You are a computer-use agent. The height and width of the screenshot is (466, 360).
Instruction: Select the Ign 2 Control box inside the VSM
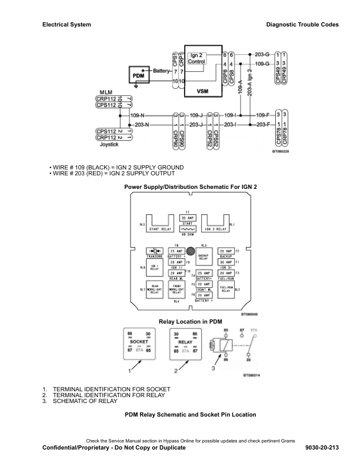[196, 58]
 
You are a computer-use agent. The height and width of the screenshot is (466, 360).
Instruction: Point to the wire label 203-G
[262, 54]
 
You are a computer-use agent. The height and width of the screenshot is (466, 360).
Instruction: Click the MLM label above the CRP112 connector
[106, 92]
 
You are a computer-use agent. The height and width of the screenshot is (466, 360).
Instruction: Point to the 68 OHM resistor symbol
[188, 230]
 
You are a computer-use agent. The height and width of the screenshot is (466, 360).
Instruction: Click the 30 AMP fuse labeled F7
[188, 218]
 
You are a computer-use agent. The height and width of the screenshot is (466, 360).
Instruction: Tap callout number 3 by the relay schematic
[213, 368]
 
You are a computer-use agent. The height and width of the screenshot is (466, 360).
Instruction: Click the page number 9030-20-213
[322, 448]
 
